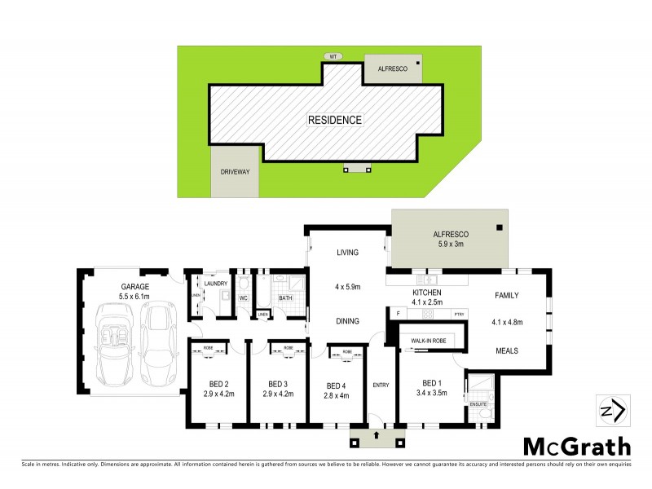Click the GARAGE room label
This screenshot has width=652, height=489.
(x=134, y=287)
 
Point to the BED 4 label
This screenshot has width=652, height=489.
(x=336, y=385)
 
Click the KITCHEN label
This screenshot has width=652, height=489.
(x=427, y=293)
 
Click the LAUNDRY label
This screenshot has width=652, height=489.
(x=216, y=283)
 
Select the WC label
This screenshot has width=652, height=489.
(x=243, y=298)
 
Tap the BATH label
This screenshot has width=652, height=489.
(x=285, y=298)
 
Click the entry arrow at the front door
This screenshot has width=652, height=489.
(x=377, y=436)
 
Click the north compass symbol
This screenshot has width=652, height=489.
(x=610, y=410)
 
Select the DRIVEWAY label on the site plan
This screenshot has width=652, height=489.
(x=236, y=172)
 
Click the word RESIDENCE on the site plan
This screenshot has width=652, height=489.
(x=334, y=120)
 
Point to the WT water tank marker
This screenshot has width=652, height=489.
(x=333, y=57)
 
